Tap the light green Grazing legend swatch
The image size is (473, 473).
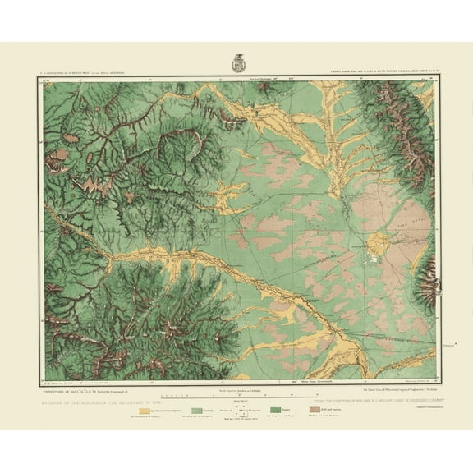point(196,408)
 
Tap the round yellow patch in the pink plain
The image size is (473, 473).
point(377,245)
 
